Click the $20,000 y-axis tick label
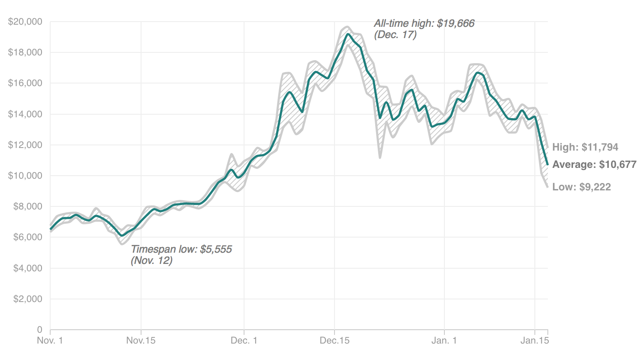[x=25, y=22]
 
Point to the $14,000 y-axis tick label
[x=25, y=114]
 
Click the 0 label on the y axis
[x=39, y=330]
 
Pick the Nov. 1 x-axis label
[x=50, y=341]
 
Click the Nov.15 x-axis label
[x=141, y=341]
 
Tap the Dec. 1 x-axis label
[x=244, y=341]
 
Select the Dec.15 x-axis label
[x=334, y=341]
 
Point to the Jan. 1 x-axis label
[x=444, y=341]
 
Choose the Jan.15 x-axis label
[x=535, y=341]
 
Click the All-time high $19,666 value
[x=456, y=23]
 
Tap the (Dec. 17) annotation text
[x=395, y=35]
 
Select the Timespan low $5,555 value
[x=215, y=249]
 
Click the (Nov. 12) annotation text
[x=151, y=260]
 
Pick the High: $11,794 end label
[x=585, y=147]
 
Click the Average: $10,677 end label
[x=594, y=164]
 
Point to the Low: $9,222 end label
[x=582, y=187]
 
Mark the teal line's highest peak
[x=348, y=34]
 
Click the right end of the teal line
[x=548, y=164]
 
